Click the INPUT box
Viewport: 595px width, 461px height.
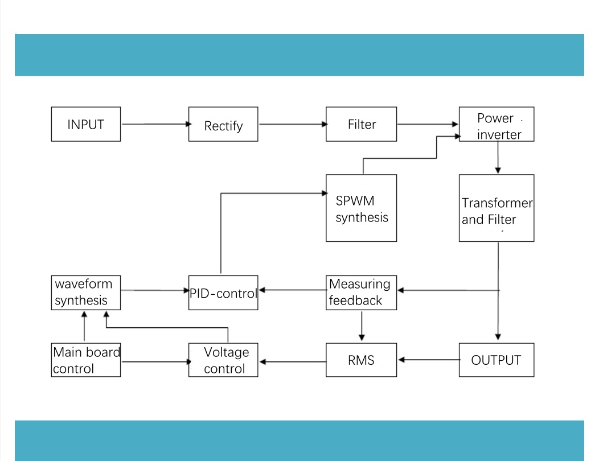point(86,124)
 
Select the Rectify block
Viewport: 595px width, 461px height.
point(223,124)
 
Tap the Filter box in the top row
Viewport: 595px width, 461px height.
point(361,124)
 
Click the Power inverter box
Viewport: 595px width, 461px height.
point(496,124)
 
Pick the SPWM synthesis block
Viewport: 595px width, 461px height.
point(361,208)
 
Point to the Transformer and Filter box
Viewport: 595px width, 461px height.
point(496,208)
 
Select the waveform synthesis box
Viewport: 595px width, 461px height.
point(86,293)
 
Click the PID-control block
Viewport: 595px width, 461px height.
point(223,293)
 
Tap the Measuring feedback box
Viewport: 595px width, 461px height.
point(361,293)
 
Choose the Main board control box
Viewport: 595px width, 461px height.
point(86,360)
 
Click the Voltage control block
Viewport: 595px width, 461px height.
point(223,360)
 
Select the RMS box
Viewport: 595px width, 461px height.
point(361,360)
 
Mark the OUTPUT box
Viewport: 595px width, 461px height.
point(496,360)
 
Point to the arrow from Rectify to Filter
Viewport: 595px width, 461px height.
point(293,124)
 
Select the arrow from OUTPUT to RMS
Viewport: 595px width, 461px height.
point(429,360)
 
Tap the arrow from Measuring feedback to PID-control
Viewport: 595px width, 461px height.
point(293,290)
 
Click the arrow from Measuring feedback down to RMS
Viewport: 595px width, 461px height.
point(362,326)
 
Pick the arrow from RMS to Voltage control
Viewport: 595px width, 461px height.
point(293,362)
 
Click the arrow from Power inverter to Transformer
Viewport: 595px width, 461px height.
point(498,158)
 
